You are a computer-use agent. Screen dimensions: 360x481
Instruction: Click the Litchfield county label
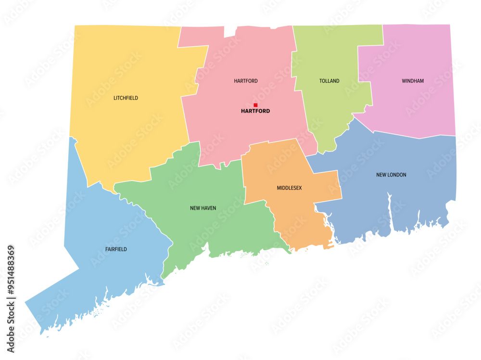(x=126, y=98)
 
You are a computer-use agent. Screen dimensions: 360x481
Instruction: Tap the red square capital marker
(x=255, y=105)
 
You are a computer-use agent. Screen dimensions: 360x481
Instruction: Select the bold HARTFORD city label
(x=255, y=111)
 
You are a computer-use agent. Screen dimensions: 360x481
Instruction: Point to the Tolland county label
(x=329, y=81)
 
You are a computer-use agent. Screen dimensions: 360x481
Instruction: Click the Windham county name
(x=413, y=81)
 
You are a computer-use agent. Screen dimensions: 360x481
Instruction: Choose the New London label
(x=391, y=175)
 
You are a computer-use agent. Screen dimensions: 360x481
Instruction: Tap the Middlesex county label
(x=289, y=188)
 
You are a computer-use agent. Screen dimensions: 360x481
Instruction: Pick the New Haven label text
(x=203, y=208)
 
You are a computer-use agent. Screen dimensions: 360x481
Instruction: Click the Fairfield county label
(x=116, y=249)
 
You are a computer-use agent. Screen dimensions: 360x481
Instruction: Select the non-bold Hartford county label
(x=246, y=81)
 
